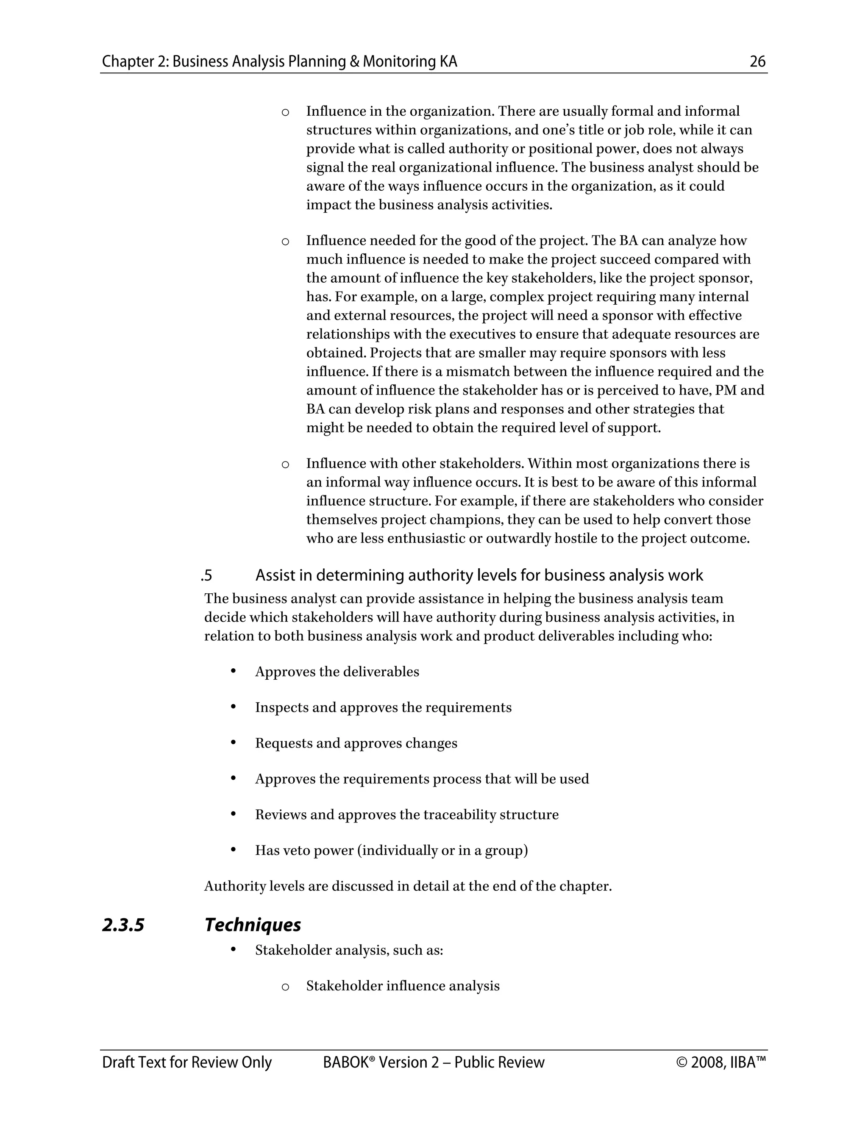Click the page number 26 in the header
757,62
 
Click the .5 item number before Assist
207,575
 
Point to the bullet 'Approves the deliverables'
337,672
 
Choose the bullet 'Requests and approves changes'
356,744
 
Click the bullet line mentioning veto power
391,851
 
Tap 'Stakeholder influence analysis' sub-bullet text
403,986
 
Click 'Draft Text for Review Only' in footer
186,1062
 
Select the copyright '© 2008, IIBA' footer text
721,1062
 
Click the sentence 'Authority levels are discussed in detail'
408,887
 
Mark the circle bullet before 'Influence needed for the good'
285,242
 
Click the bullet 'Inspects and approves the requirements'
383,708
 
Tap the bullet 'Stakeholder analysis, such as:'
349,950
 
